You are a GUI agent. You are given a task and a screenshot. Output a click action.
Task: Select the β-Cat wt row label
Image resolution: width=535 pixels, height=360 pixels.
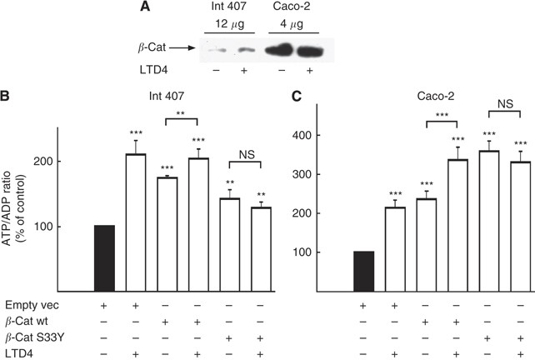(26, 321)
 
